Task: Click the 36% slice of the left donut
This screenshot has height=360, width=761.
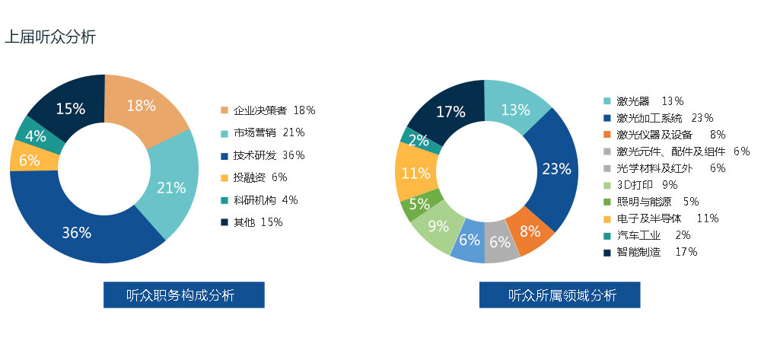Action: pos(78,232)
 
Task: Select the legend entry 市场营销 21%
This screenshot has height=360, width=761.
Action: pos(263,132)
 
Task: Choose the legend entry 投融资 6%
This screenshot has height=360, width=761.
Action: pos(254,177)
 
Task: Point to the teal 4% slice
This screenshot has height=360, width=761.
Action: pos(37,136)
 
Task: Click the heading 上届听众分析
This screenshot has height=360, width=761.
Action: pos(50,37)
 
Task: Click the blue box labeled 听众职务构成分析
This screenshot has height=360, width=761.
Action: pos(184,295)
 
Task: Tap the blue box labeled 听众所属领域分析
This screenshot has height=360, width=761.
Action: pos(560,295)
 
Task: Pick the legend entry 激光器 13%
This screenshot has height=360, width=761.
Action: pos(644,101)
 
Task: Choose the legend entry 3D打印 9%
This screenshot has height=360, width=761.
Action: pos(640,185)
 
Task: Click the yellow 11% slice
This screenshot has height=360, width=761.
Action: pos(416,172)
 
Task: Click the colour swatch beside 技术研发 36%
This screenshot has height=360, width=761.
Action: pos(224,155)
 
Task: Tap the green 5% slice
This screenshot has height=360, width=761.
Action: pos(419,204)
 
